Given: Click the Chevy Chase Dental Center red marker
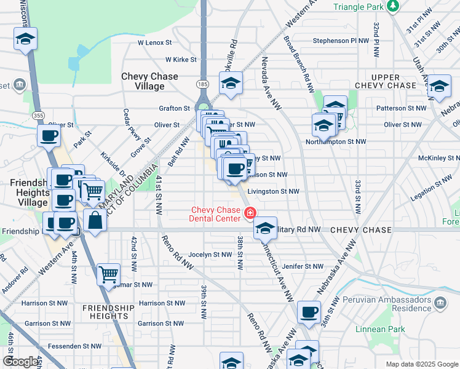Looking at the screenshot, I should pos(250,214).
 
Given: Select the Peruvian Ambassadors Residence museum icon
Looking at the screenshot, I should pos(440,303).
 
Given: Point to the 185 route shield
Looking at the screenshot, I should pos(202,83).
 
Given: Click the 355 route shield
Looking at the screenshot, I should pos(38,115).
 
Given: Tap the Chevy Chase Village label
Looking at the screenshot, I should pos(149,81).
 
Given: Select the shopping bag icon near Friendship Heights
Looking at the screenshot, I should pos(95,221).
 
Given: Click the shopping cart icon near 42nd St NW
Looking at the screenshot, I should pos(108,274).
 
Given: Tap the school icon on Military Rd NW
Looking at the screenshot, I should pos(265,228).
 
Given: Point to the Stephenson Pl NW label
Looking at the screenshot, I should pos(340,41).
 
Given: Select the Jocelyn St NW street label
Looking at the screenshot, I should pos(210,254).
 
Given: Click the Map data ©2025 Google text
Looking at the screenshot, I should pos(422,364).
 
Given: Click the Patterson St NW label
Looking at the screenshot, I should pos(401,108).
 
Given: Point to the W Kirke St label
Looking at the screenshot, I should pos(181,60).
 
